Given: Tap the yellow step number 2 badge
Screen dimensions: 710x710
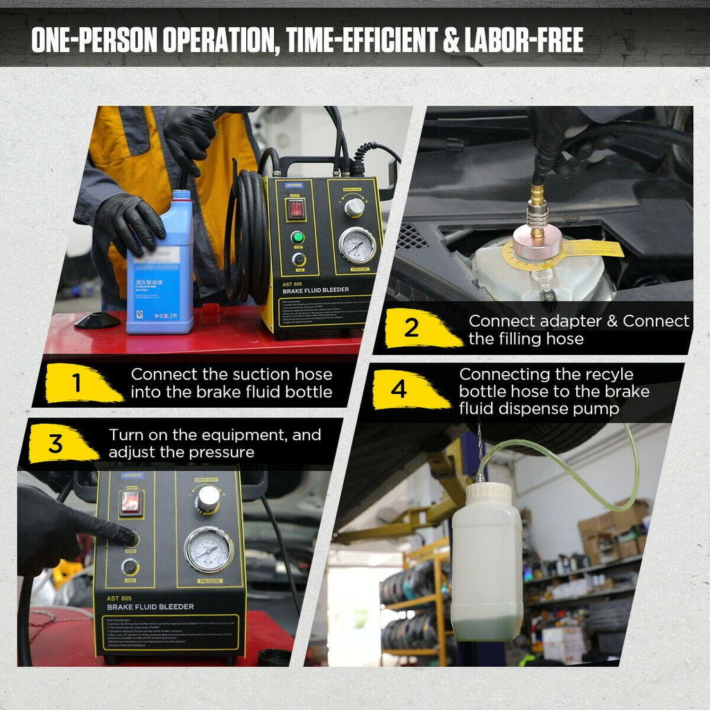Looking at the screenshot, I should click(x=413, y=328).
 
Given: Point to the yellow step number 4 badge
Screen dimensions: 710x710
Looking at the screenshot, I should click(x=399, y=390).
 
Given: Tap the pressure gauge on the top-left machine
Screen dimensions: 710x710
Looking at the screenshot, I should click(x=357, y=244).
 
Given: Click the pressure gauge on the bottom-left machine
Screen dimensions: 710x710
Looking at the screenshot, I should click(x=208, y=549).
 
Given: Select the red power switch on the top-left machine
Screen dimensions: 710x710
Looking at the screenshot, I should click(x=297, y=208).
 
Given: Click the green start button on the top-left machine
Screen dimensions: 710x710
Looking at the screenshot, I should click(x=297, y=238).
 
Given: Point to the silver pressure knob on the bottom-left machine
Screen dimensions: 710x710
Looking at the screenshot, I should click(x=207, y=498).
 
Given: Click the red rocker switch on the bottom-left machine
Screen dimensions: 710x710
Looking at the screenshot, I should click(x=130, y=503).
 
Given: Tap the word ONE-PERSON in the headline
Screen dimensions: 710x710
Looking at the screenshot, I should click(x=95, y=41).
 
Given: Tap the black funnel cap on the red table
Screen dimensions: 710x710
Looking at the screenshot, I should click(x=96, y=320).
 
